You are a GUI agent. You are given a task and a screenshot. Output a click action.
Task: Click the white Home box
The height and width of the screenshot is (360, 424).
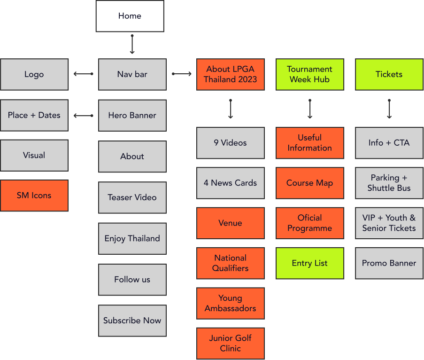pyautogui.click(x=130, y=16)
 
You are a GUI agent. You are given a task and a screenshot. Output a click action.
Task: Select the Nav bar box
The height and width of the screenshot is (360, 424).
pyautogui.click(x=132, y=74)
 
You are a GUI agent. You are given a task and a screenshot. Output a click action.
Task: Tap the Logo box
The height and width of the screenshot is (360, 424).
pyautogui.click(x=34, y=74)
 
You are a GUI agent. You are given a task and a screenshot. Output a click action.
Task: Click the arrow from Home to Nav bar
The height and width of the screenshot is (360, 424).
pyautogui.click(x=132, y=45)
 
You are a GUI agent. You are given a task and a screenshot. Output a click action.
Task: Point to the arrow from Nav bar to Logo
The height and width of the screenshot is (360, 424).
pyautogui.click(x=83, y=74)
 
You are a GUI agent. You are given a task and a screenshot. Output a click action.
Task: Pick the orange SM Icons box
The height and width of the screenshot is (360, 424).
pyautogui.click(x=34, y=196)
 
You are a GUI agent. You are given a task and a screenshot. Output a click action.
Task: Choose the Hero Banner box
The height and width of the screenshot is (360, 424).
pyautogui.click(x=132, y=115)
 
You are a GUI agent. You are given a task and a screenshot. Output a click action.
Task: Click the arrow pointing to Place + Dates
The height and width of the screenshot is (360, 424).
pyautogui.click(x=83, y=115)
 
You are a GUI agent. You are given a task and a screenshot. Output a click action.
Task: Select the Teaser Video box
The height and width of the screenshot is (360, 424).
pyautogui.click(x=132, y=197)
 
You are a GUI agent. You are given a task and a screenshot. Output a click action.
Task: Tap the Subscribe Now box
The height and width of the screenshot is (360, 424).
pyautogui.click(x=132, y=321)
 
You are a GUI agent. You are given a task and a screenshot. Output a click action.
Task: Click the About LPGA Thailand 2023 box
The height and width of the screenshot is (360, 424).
pyautogui.click(x=230, y=74)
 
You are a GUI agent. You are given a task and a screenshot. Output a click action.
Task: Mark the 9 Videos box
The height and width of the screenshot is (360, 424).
pyautogui.click(x=230, y=142)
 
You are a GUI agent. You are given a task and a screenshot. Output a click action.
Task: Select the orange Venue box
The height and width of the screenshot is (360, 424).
pyautogui.click(x=230, y=223)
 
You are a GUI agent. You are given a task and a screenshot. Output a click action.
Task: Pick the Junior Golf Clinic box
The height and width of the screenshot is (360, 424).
pyautogui.click(x=230, y=344)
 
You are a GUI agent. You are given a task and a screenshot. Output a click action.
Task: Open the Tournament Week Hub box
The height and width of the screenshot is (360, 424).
pyautogui.click(x=309, y=74)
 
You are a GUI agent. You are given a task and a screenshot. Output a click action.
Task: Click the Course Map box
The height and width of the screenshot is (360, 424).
pyautogui.click(x=309, y=183)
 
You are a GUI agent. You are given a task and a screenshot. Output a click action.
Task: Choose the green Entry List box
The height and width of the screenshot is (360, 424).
pyautogui.click(x=309, y=263)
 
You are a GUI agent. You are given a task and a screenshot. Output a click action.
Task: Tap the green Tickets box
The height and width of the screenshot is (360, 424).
pyautogui.click(x=389, y=74)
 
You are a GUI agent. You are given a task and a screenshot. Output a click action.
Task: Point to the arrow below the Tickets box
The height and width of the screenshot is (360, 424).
pyautogui.click(x=389, y=109)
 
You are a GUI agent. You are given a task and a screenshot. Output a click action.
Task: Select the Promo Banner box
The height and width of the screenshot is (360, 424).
pyautogui.click(x=389, y=263)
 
